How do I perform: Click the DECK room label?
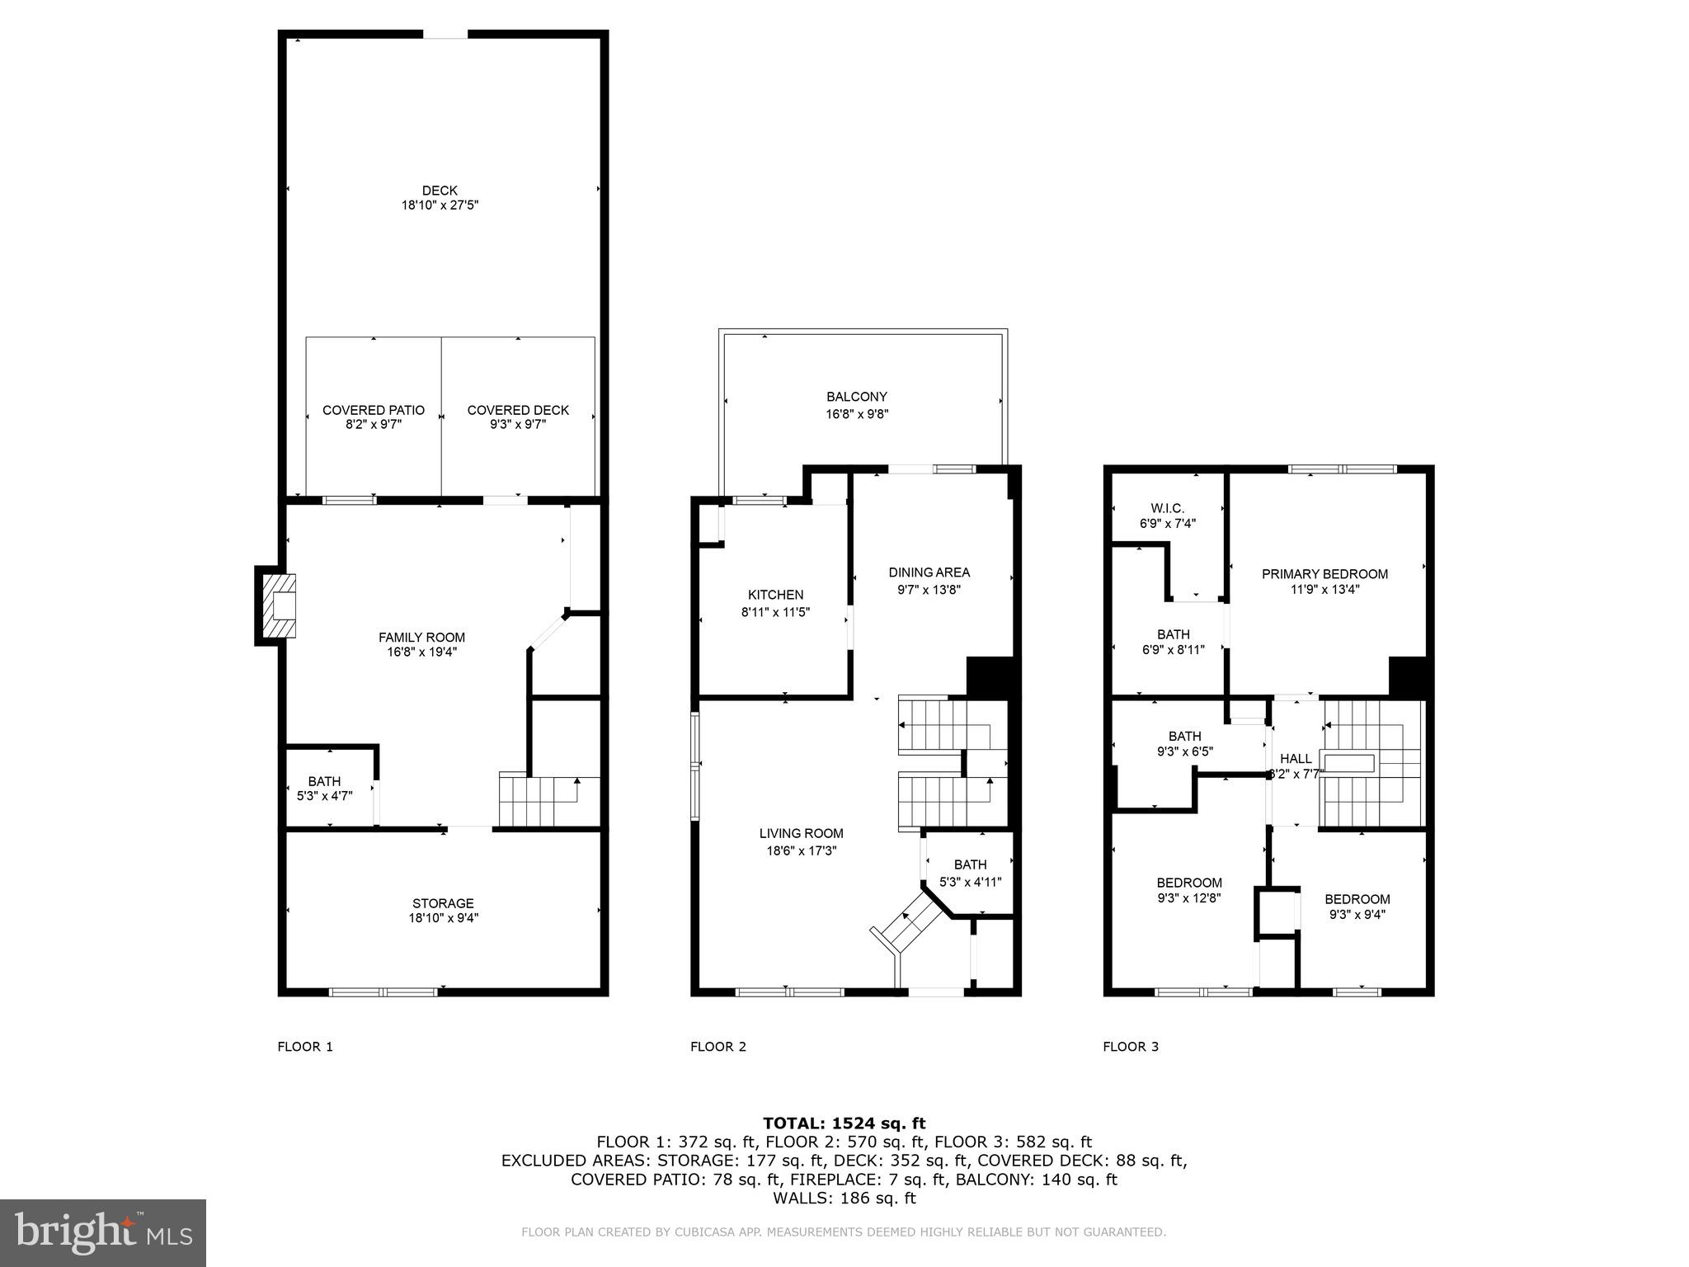point(440,191)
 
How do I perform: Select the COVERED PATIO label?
point(374,410)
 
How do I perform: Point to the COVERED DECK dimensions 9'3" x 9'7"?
point(518,425)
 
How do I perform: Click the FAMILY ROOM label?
point(421,638)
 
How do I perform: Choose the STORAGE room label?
point(443,903)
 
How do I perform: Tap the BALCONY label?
point(857,397)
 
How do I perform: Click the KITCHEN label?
point(775,595)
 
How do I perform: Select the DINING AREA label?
point(929,572)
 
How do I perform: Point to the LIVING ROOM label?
point(802,833)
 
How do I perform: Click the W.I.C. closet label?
point(1167,508)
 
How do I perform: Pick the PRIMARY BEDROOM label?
point(1324,574)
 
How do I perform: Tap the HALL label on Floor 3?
point(1296,759)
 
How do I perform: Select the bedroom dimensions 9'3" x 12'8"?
point(1189,897)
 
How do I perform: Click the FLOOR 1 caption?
point(305,1047)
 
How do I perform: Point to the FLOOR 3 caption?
point(1131,1047)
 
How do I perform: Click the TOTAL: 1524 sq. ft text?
point(844,1123)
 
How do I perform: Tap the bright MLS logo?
point(103,1233)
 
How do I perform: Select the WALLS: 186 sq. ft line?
point(844,1198)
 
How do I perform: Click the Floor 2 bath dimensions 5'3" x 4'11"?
point(971,882)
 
